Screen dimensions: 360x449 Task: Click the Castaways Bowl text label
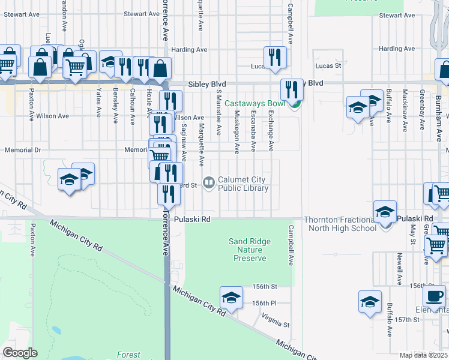point(254,104)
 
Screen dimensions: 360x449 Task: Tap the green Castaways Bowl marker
point(294,106)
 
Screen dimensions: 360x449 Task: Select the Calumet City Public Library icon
point(208,181)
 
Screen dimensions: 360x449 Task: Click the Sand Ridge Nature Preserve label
point(250,250)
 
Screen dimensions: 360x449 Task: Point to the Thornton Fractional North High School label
point(340,224)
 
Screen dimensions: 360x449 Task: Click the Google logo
point(20,353)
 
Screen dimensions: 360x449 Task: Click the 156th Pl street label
point(264,304)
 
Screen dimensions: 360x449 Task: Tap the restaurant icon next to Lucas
point(275,57)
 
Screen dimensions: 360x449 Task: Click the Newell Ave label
point(399,268)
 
